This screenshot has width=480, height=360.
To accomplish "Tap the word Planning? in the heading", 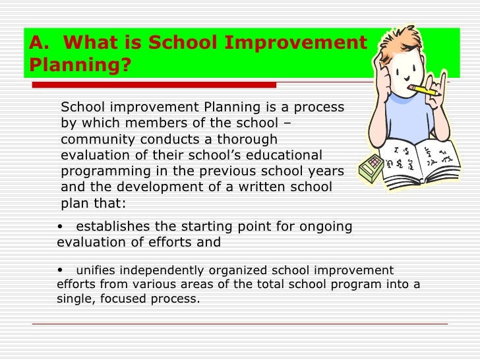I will tap(79, 66).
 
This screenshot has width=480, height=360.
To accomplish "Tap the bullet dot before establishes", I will tap(61, 227).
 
